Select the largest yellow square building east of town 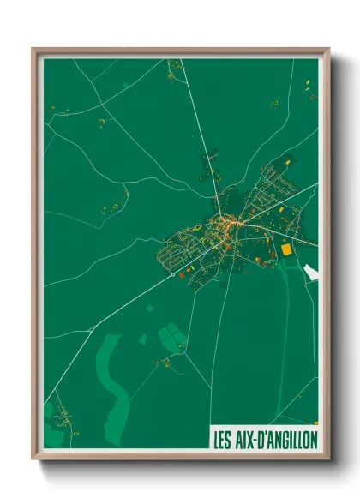tap(285, 249)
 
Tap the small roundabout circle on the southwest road tap(172, 275)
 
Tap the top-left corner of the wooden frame tap(34, 50)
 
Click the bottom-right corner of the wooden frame tap(327, 456)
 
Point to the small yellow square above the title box tap(315, 423)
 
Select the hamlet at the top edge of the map tap(175, 67)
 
